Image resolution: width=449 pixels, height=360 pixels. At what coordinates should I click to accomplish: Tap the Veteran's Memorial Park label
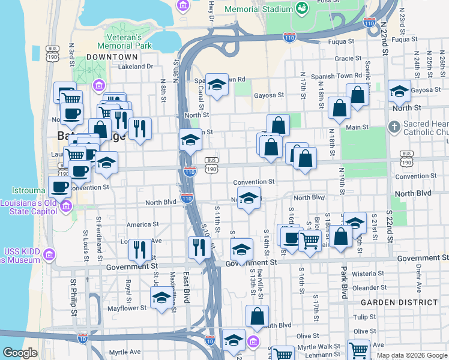(122, 41)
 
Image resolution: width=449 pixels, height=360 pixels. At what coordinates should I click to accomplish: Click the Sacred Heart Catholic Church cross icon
(394, 127)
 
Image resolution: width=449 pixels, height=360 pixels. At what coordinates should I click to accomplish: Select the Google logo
(20, 353)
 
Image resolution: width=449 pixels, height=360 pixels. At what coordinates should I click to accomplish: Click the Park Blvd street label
(345, 284)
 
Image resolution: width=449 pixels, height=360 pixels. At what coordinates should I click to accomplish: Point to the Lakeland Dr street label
(136, 67)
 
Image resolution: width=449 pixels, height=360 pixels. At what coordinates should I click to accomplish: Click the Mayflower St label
(127, 308)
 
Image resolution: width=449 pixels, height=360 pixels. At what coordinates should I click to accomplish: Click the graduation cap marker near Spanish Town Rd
(217, 85)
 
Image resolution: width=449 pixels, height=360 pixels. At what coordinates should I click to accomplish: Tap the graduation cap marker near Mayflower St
(161, 298)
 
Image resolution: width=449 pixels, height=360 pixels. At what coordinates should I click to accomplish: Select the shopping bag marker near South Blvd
(257, 316)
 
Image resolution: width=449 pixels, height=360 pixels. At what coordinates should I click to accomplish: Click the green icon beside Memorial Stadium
(301, 8)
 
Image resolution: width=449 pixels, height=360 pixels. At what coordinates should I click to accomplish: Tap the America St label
(142, 224)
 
